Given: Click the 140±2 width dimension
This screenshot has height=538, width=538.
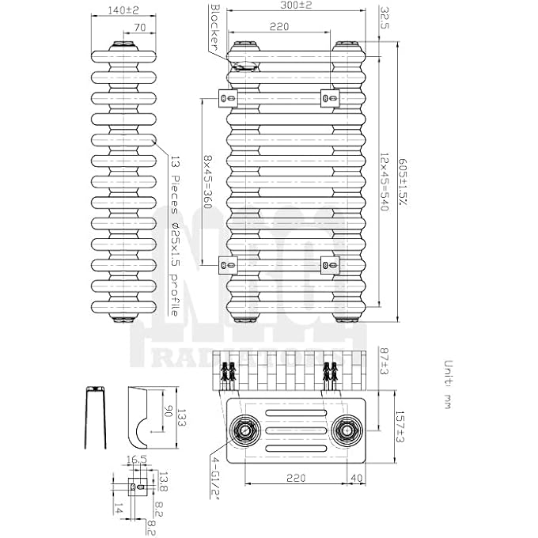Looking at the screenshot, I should (121, 10).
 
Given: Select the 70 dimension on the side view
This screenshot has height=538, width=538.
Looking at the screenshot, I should (140, 28).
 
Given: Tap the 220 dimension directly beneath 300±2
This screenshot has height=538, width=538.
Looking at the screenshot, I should (278, 27).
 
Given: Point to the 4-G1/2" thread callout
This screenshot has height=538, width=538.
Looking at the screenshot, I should (214, 477).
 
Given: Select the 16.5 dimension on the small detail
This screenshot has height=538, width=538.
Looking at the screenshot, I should (132, 461).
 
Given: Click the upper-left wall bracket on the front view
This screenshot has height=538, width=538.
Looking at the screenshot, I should (228, 97).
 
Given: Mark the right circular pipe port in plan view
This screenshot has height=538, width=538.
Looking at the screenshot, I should (344, 430).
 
